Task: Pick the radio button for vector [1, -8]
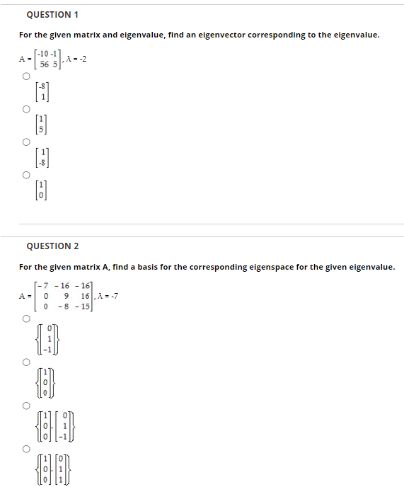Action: (26, 142)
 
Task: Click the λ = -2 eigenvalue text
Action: (76, 59)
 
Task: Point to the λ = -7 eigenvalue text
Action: (108, 296)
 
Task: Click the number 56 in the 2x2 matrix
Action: (44, 64)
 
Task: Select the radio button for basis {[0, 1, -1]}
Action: (26, 319)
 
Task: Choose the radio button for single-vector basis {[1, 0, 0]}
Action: (26, 362)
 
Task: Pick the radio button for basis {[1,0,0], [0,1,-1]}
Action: (26, 406)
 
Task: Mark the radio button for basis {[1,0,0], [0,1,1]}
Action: (26, 449)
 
